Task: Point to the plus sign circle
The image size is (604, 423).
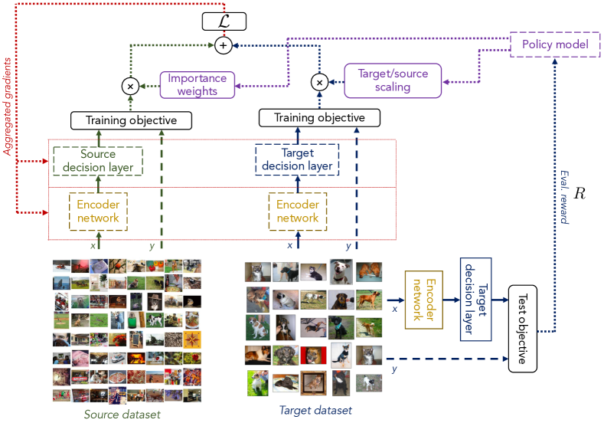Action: (x=223, y=45)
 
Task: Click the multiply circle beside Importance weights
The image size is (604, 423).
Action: (x=130, y=87)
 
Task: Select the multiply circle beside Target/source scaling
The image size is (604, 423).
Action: (x=319, y=82)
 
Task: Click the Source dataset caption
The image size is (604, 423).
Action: (x=122, y=415)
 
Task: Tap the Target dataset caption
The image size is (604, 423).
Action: (x=315, y=410)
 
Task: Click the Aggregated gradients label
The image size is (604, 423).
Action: (x=8, y=107)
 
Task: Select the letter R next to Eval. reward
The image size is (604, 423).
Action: (x=580, y=193)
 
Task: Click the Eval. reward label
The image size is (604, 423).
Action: (x=564, y=197)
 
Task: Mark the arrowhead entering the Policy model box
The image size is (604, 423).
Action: (x=555, y=62)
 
